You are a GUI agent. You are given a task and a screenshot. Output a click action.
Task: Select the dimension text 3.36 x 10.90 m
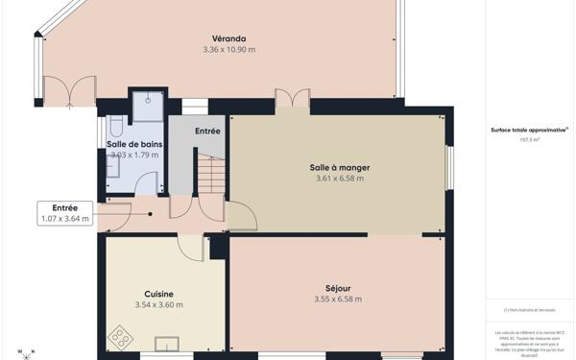pos(229,49)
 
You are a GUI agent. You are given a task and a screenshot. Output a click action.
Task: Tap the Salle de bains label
pos(133,144)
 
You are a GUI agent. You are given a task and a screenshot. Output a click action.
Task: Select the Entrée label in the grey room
pos(207,131)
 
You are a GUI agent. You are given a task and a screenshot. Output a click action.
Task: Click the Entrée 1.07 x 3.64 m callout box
pos(65,213)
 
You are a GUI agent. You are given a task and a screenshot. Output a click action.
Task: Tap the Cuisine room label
pos(158,294)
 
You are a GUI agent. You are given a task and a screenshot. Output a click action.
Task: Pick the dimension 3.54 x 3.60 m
pos(158,304)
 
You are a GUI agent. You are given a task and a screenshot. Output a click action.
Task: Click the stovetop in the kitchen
pos(122,337)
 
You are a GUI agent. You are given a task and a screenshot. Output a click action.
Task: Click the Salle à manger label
pos(341,167)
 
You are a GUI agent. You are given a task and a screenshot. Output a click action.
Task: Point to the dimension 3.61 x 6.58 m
pos(341,178)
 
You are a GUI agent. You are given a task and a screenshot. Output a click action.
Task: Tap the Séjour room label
pos(338,288)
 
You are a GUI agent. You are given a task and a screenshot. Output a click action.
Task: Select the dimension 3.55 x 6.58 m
pos(338,299)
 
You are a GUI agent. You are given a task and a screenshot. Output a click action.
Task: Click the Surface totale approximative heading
pos(529,129)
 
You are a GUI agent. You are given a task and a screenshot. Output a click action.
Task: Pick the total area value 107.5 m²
pos(529,139)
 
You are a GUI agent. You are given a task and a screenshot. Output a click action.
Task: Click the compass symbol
pos(26,352)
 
